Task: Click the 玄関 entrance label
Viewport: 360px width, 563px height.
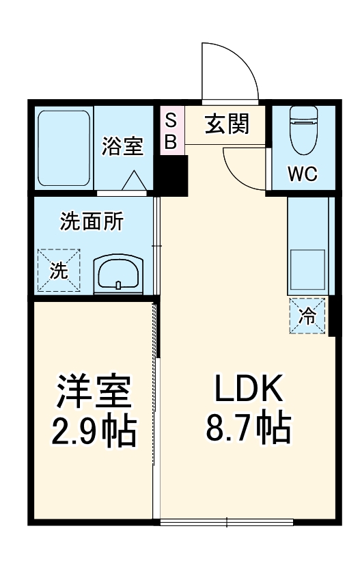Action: (x=227, y=125)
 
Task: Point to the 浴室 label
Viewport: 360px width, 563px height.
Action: (x=122, y=146)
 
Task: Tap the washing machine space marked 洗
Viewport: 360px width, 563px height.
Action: (x=59, y=271)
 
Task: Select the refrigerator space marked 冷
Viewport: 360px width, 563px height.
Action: (x=308, y=316)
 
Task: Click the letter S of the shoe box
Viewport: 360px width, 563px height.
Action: (x=171, y=120)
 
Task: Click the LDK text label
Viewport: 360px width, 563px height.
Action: (x=248, y=390)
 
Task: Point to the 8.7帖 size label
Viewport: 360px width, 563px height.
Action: (x=248, y=428)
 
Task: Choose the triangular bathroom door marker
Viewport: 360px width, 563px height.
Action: (x=134, y=181)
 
